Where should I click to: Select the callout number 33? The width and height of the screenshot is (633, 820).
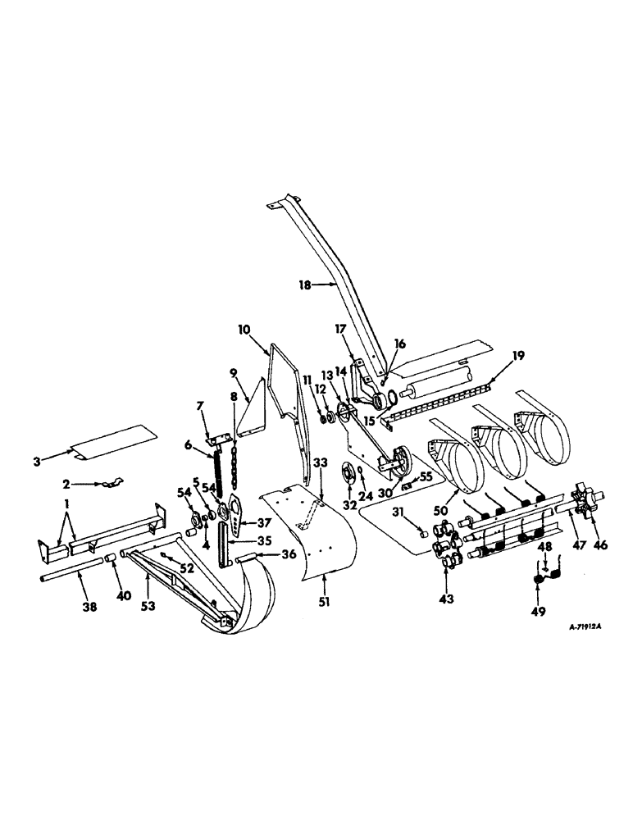click(x=321, y=471)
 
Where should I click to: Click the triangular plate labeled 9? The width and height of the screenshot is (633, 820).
click(x=253, y=408)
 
